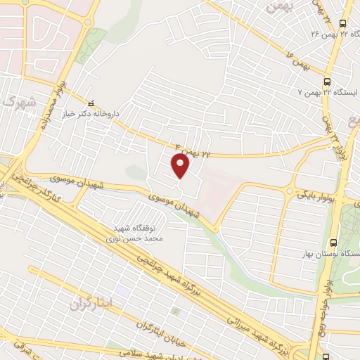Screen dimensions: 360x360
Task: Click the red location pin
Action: pos(181,166)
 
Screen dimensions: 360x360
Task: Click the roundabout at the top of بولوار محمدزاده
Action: pos(88,20)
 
